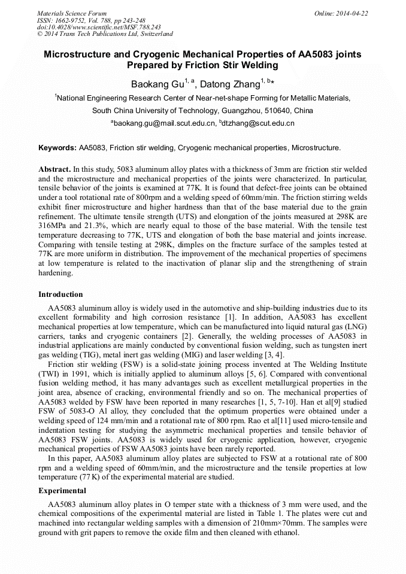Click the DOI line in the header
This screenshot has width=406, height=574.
pos(99,27)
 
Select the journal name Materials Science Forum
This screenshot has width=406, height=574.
pos(72,13)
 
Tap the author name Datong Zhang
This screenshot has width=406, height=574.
pos(229,84)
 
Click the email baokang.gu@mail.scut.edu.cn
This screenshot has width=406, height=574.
pos(165,123)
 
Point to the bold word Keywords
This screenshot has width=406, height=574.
pos(57,147)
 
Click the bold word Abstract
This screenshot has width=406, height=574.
pos(54,170)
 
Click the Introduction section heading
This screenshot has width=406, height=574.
pos(60,294)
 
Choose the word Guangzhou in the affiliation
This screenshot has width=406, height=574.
pos(229,111)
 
